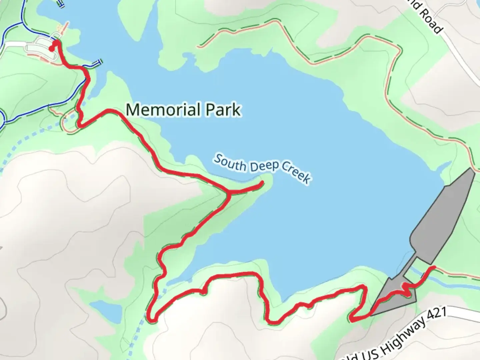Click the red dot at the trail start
[51, 49]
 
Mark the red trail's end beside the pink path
[433, 267]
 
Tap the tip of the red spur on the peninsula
[262, 183]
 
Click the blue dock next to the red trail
[97, 62]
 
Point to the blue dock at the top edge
[60, 3]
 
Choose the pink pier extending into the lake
[66, 27]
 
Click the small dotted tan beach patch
[59, 28]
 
